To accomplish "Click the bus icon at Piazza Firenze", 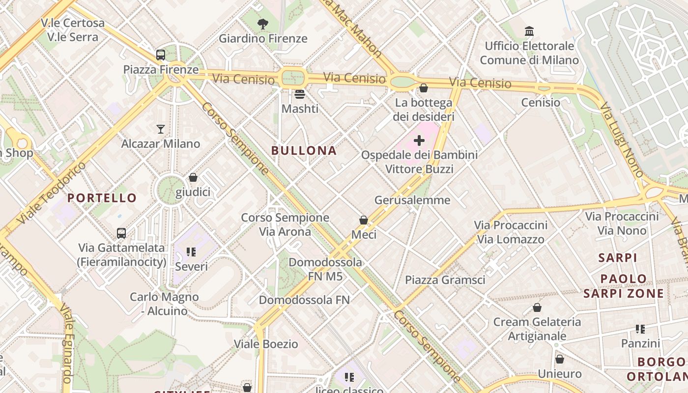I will (161, 55).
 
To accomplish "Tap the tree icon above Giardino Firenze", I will (263, 23).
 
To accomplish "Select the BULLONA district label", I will (304, 151).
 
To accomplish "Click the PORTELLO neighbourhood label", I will (102, 198).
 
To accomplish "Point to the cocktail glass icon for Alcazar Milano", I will (161, 129).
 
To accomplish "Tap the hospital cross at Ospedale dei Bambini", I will (419, 141).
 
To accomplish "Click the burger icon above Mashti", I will (300, 94).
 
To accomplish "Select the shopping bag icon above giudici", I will (193, 177).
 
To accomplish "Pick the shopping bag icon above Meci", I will (364, 220).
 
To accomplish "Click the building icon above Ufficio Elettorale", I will (529, 31).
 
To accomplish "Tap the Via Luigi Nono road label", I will (622, 140).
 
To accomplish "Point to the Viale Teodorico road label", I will (51, 194).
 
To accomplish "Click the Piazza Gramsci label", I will (445, 280).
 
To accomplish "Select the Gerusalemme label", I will (412, 200).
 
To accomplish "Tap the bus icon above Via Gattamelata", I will (121, 233).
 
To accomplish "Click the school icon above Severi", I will (191, 253).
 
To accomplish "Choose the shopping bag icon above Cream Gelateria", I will (537, 308).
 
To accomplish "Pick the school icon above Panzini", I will (640, 329).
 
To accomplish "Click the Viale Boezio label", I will (266, 344).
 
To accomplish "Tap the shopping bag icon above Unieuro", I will (559, 359).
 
